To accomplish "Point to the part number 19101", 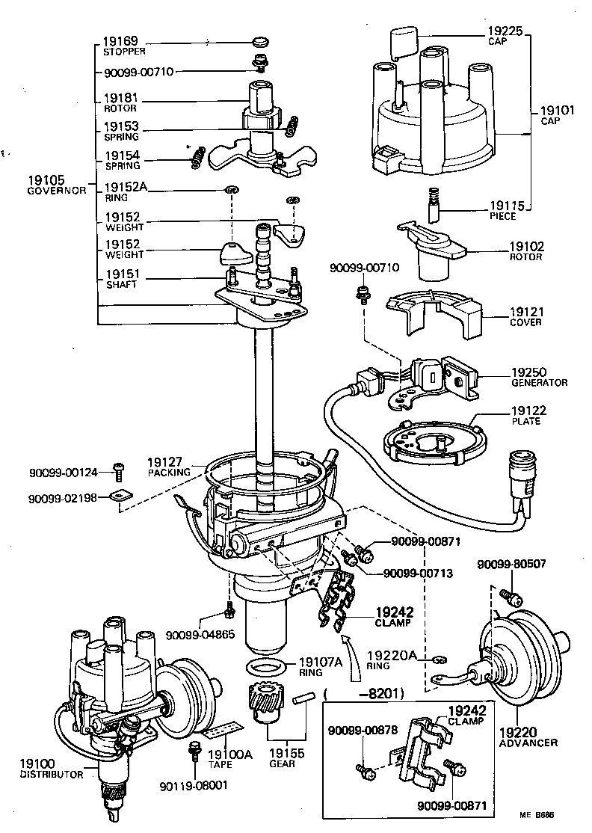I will (558, 110).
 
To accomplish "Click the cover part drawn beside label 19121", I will (434, 313).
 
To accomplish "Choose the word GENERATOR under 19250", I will (538, 382).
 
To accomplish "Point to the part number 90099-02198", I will (63, 498).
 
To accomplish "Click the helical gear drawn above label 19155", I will (264, 704).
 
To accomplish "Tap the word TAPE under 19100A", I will (219, 766).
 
